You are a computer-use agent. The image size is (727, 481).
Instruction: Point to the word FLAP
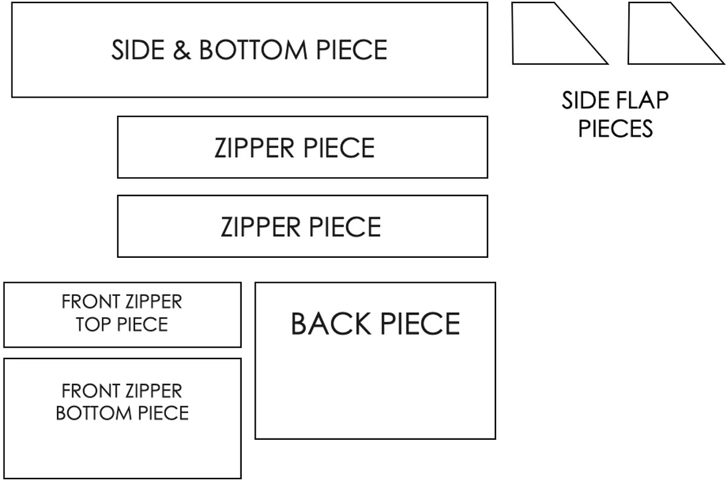pyautogui.click(x=642, y=101)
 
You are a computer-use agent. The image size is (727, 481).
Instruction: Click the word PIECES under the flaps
pyautogui.click(x=615, y=129)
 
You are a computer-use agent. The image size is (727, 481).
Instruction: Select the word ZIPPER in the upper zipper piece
pyautogui.click(x=251, y=148)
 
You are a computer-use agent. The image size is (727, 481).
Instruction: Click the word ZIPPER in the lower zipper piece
pyautogui.click(x=258, y=227)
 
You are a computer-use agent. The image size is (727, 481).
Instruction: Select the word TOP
pyautogui.click(x=93, y=325)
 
